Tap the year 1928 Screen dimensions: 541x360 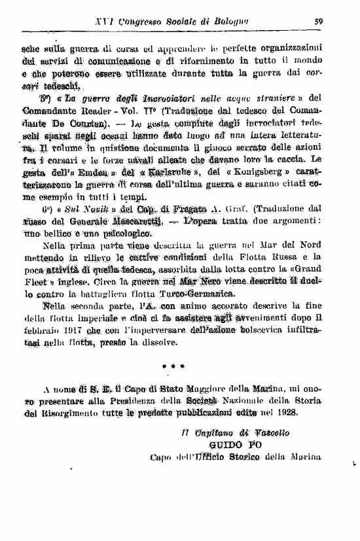(x=283, y=413)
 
